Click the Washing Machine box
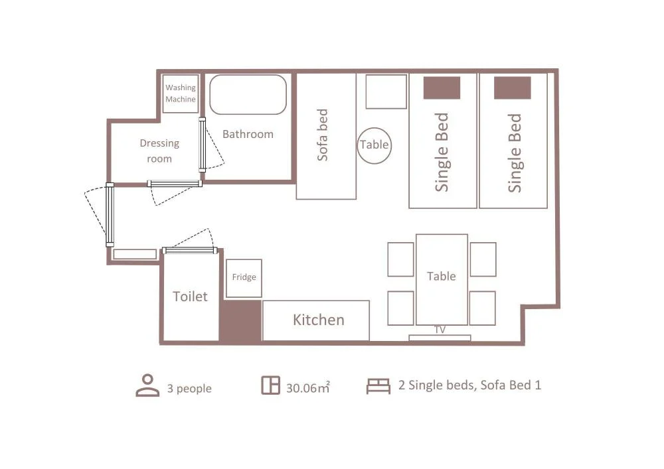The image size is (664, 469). click(x=181, y=94)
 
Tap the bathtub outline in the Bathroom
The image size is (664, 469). click(x=248, y=76)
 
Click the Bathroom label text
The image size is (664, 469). click(x=248, y=134)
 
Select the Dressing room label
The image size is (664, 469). click(x=159, y=151)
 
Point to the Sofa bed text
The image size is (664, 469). click(x=323, y=135)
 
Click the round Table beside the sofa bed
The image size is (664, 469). click(x=374, y=129)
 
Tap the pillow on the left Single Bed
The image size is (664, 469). click(x=442, y=88)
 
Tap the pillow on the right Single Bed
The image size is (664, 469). click(x=513, y=88)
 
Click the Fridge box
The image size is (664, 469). click(x=244, y=278)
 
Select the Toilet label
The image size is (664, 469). click(x=190, y=297)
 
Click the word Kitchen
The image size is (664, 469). click(x=319, y=320)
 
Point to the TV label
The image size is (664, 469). click(x=440, y=330)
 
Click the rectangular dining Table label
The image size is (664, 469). click(x=442, y=276)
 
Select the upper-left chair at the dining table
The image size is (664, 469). click(x=400, y=259)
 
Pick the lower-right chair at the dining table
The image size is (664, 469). click(x=482, y=308)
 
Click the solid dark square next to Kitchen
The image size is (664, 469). click(x=240, y=320)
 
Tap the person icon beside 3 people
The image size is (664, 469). click(x=147, y=385)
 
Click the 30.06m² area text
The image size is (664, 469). click(x=308, y=387)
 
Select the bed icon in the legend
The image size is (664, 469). click(x=378, y=386)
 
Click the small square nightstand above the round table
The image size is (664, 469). click(x=386, y=92)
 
